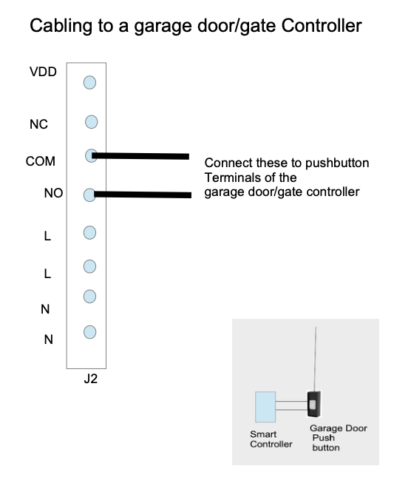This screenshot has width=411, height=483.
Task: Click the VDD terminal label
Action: (43, 72)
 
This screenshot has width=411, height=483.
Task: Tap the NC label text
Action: (38, 124)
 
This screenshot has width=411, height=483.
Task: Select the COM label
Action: (41, 161)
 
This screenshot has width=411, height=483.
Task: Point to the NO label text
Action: (53, 193)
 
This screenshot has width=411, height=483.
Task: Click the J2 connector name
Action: (91, 379)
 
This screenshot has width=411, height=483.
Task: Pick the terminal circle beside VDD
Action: (89, 83)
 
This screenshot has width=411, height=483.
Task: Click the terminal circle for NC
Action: (92, 122)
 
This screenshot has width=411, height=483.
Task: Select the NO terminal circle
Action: (89, 195)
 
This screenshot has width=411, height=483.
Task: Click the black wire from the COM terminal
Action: (140, 156)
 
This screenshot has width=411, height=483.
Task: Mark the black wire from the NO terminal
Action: (143, 195)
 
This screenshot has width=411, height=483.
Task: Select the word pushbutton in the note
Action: (337, 163)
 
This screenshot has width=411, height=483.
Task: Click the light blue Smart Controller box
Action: (265, 407)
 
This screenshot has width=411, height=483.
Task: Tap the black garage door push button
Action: (314, 404)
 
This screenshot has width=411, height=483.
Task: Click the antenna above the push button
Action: (315, 359)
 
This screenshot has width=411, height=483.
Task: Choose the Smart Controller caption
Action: (271, 439)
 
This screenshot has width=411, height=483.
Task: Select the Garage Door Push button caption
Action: (339, 438)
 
